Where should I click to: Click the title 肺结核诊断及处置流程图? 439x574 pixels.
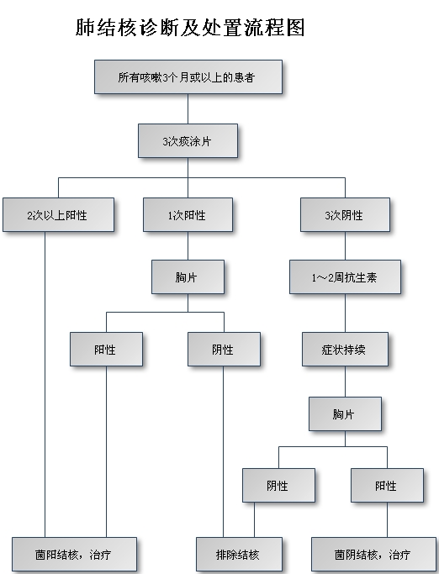(190, 28)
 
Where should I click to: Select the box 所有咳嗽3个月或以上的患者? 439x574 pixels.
(188, 76)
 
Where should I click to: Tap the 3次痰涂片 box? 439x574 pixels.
(188, 141)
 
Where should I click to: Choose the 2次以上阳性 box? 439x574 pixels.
(58, 215)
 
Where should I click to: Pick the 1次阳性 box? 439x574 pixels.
(188, 215)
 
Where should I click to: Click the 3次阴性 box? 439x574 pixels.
(345, 215)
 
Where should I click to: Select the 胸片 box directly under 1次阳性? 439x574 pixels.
(188, 277)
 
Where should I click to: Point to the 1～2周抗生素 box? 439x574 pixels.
(345, 277)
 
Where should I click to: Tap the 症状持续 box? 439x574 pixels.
(345, 350)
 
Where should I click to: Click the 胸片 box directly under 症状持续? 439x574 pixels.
(345, 414)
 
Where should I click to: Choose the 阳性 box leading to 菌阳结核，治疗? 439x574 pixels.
(106, 350)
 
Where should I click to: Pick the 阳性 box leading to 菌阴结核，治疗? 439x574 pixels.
(388, 486)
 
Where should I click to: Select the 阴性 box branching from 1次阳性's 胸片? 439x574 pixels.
(225, 350)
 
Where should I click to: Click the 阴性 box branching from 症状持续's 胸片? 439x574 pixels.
(278, 486)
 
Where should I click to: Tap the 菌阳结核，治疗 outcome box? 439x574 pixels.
(74, 554)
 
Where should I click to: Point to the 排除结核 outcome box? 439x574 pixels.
(240, 554)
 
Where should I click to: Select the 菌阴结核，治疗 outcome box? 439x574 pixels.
(373, 554)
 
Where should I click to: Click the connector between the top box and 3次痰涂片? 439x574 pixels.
(188, 108)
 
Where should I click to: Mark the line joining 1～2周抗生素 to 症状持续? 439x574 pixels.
(345, 313)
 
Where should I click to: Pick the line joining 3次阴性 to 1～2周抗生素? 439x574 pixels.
(345, 246)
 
